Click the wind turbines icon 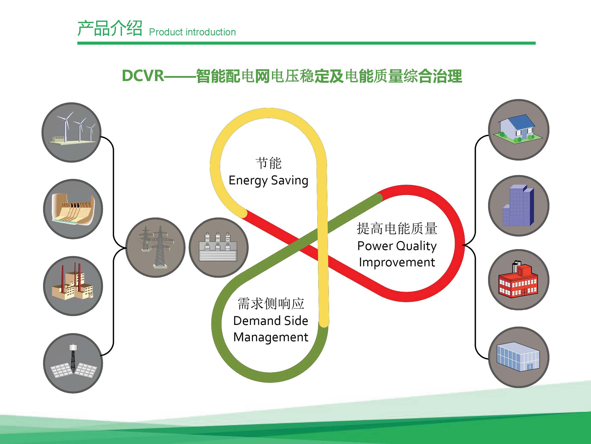pos(71,132)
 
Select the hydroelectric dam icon pos(73,209)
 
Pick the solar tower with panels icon pos(73,363)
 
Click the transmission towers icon pos(156,248)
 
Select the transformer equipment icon pos(219,248)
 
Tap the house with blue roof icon pos(519,130)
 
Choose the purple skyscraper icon pos(519,206)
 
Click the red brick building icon pos(519,280)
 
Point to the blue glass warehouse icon pos(519,357)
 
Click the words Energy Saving pos(268,181)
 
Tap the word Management pos(271,337)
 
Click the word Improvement pos(397,262)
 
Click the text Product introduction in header pos(192,32)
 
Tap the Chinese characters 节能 pos(268,163)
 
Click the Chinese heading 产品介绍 pos(109,28)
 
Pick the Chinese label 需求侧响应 pos(271,304)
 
